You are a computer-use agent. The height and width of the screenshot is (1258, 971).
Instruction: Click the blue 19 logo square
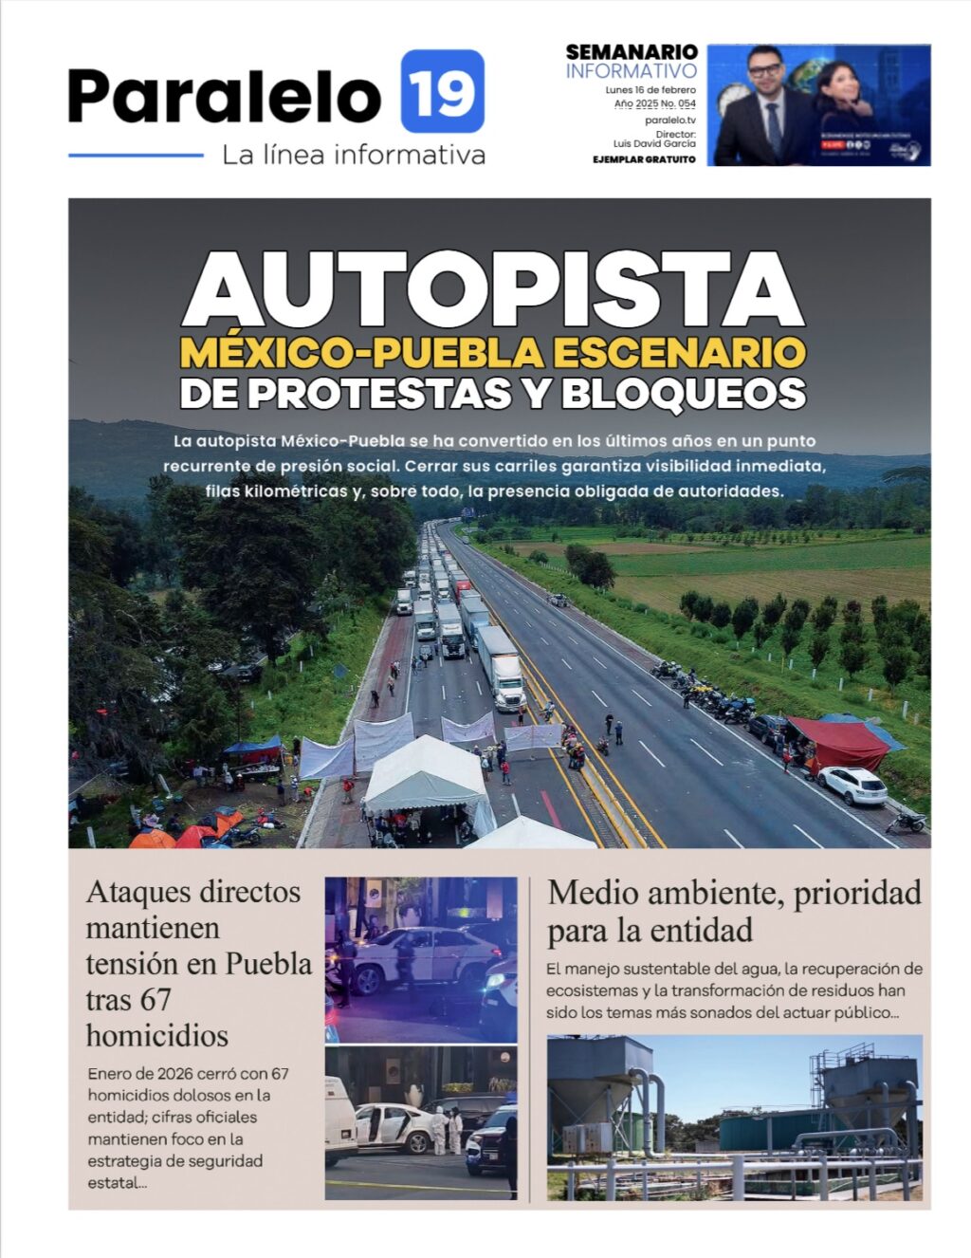tap(442, 91)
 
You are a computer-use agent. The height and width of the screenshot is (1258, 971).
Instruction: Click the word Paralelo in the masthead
tap(224, 95)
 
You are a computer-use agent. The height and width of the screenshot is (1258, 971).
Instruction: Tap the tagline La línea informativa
tap(353, 154)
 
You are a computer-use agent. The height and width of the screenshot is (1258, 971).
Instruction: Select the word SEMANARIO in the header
tap(632, 52)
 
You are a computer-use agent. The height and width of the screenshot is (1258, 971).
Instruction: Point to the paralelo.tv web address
tap(669, 120)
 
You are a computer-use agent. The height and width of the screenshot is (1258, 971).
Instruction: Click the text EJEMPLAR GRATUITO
tap(644, 159)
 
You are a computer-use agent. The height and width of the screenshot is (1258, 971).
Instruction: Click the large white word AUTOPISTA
tap(493, 289)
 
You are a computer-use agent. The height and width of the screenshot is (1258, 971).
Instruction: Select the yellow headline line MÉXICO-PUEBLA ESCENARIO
tap(493, 352)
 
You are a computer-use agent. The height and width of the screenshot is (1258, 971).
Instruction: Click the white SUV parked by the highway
tap(852, 785)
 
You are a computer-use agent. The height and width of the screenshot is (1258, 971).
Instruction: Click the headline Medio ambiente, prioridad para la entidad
tap(734, 910)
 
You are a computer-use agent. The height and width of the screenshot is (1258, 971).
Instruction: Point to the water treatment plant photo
tap(734, 1118)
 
